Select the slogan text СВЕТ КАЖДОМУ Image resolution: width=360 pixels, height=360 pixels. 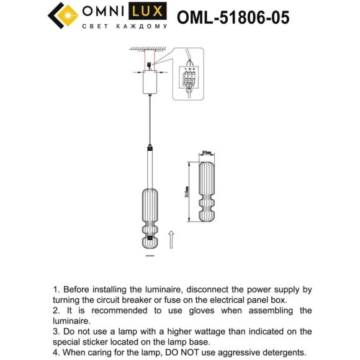click(125, 27)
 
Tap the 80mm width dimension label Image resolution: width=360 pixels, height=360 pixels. click(207, 153)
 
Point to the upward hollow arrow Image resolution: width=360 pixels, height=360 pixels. click(171, 239)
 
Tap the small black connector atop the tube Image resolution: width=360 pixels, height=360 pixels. click(149, 149)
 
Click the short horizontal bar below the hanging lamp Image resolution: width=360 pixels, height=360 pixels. click(149, 255)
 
